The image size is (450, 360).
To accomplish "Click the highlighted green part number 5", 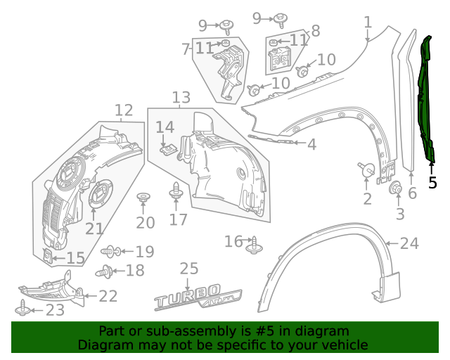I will coord(427,98).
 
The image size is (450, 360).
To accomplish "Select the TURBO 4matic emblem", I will coord(199,300).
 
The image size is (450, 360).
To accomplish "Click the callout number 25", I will coord(188,269).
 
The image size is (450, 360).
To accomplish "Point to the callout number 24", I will coord(409,244).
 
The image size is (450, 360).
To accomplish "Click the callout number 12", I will coord(124,110).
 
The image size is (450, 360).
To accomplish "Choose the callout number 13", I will coord(181,97).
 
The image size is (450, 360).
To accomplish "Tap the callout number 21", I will coord(94,228).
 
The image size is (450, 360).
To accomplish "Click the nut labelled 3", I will coord(395,188).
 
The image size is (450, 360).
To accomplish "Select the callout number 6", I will coord(412,193).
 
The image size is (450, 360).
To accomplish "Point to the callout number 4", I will coord(311,144).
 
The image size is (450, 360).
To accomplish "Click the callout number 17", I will coord(178,219).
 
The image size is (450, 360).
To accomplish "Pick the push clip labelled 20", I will coord(143,198).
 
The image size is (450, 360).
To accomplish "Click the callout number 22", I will coord(108,296).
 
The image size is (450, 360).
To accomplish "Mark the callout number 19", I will coord(144,251).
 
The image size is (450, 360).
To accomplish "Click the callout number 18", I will coord(134,271).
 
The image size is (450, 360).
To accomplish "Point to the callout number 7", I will coord(186,49).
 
